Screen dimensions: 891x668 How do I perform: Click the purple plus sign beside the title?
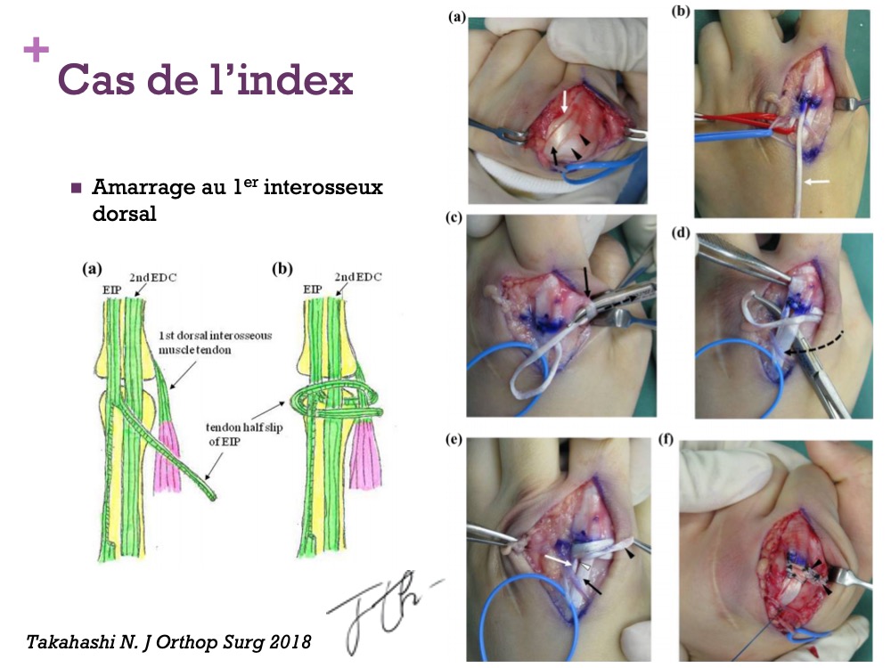(36, 50)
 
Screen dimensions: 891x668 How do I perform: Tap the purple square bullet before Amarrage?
(76, 188)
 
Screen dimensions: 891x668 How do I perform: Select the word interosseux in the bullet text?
(323, 187)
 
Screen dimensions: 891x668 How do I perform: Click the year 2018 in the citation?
(290, 641)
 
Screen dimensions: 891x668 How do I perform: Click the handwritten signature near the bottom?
(380, 611)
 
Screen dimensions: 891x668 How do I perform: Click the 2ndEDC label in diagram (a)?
(153, 277)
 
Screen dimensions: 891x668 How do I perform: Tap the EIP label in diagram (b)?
(313, 289)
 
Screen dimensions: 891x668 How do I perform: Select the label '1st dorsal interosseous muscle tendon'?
(215, 343)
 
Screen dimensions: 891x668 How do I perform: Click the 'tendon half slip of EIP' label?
(244, 434)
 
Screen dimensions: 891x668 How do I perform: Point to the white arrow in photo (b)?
(817, 182)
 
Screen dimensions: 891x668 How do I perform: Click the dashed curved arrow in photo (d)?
(814, 343)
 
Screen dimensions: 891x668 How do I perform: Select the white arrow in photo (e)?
(560, 560)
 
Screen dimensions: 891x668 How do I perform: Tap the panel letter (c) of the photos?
(454, 217)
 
